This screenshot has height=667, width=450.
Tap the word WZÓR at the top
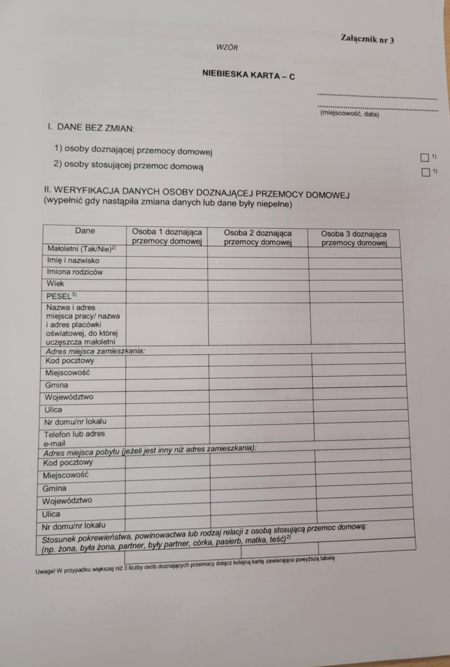(x=227, y=48)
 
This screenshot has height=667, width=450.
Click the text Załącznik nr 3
(x=367, y=39)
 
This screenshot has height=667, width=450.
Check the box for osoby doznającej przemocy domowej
(x=425, y=158)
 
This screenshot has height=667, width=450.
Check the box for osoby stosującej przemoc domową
(x=426, y=172)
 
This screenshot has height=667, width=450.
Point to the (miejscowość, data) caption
(x=349, y=114)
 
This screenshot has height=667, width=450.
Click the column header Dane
(x=85, y=231)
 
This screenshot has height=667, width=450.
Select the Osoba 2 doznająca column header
(x=258, y=237)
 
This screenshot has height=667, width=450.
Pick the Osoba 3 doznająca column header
(x=354, y=238)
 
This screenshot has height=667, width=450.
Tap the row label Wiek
(x=55, y=283)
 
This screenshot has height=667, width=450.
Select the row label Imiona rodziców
(x=75, y=272)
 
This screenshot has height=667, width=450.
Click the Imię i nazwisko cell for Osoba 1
(x=167, y=262)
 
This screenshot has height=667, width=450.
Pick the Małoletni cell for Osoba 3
(x=354, y=252)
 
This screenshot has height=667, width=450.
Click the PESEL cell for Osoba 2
(x=258, y=297)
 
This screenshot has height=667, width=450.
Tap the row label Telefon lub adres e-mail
(x=74, y=438)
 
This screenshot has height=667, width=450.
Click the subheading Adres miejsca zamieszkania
(x=95, y=351)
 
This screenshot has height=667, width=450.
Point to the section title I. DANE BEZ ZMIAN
(x=91, y=128)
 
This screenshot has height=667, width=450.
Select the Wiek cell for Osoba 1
(x=167, y=285)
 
